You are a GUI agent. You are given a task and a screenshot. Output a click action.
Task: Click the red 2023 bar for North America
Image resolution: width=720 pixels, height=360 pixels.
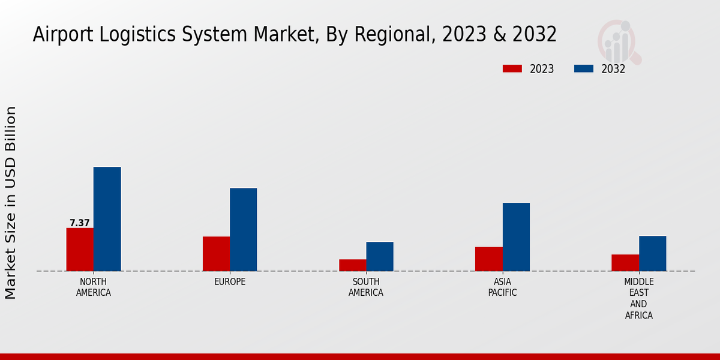pos(80,250)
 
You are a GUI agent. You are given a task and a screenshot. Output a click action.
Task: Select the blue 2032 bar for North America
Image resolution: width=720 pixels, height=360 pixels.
pos(107,219)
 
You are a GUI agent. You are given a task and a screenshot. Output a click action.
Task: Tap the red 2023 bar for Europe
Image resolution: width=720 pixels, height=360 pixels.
pos(216,254)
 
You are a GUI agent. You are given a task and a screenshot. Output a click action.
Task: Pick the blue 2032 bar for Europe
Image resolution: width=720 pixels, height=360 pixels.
pos(243,230)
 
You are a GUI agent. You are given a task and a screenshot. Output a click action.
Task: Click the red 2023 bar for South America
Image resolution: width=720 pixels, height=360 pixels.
pos(352,265)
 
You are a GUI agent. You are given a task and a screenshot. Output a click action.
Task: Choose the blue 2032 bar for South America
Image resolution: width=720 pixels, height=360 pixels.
pos(380,256)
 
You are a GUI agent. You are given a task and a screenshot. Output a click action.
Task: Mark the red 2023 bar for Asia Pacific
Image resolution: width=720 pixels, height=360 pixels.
pos(489,259)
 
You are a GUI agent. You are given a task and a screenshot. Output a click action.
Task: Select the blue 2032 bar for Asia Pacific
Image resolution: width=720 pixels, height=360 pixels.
pos(516,237)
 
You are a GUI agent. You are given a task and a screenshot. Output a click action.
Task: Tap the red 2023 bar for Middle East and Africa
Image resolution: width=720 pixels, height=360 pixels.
pos(625,263)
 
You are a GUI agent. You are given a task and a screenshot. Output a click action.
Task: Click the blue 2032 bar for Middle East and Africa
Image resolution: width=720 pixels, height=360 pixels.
pos(652,253)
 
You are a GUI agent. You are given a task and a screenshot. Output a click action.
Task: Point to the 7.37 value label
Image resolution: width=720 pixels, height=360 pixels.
pos(80,223)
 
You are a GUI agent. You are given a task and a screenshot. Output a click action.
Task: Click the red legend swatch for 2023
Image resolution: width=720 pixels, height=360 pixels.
pos(512,68)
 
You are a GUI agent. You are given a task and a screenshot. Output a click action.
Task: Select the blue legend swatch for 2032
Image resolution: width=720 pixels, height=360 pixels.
pos(584,68)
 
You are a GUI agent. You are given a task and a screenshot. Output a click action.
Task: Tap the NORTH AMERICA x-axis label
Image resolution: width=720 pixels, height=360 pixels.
pos(94,287)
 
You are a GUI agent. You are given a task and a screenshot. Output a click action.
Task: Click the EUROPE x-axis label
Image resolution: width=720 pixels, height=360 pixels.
pos(230,282)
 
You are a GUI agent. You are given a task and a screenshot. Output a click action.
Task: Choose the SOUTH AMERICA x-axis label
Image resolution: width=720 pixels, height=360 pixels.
pos(366,287)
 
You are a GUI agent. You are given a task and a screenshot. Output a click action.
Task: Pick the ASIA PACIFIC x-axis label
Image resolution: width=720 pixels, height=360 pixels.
pos(503,287)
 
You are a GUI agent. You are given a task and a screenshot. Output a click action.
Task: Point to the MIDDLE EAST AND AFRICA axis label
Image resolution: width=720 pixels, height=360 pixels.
pos(639,299)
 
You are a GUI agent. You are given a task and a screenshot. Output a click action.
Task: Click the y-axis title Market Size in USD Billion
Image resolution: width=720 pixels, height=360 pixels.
pos(11,203)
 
